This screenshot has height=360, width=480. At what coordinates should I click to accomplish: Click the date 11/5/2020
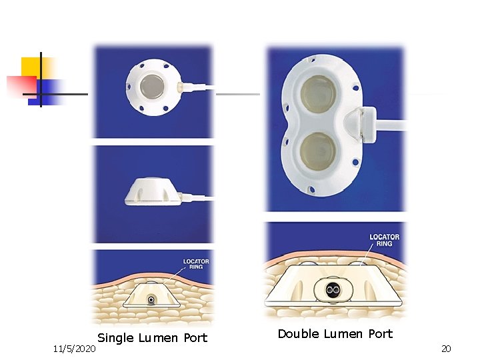(75, 349)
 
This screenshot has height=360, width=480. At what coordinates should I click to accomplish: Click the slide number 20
(446, 349)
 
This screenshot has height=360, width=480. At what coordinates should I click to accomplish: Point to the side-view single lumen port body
(152, 193)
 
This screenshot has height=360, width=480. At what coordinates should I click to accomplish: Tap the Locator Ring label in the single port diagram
(196, 264)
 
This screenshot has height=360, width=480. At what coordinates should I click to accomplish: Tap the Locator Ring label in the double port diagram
(385, 240)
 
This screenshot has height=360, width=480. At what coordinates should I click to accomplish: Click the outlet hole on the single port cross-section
(153, 299)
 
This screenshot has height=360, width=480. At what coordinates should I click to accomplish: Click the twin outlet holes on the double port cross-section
(333, 290)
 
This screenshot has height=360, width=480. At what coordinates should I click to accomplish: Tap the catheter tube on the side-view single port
(199, 197)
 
